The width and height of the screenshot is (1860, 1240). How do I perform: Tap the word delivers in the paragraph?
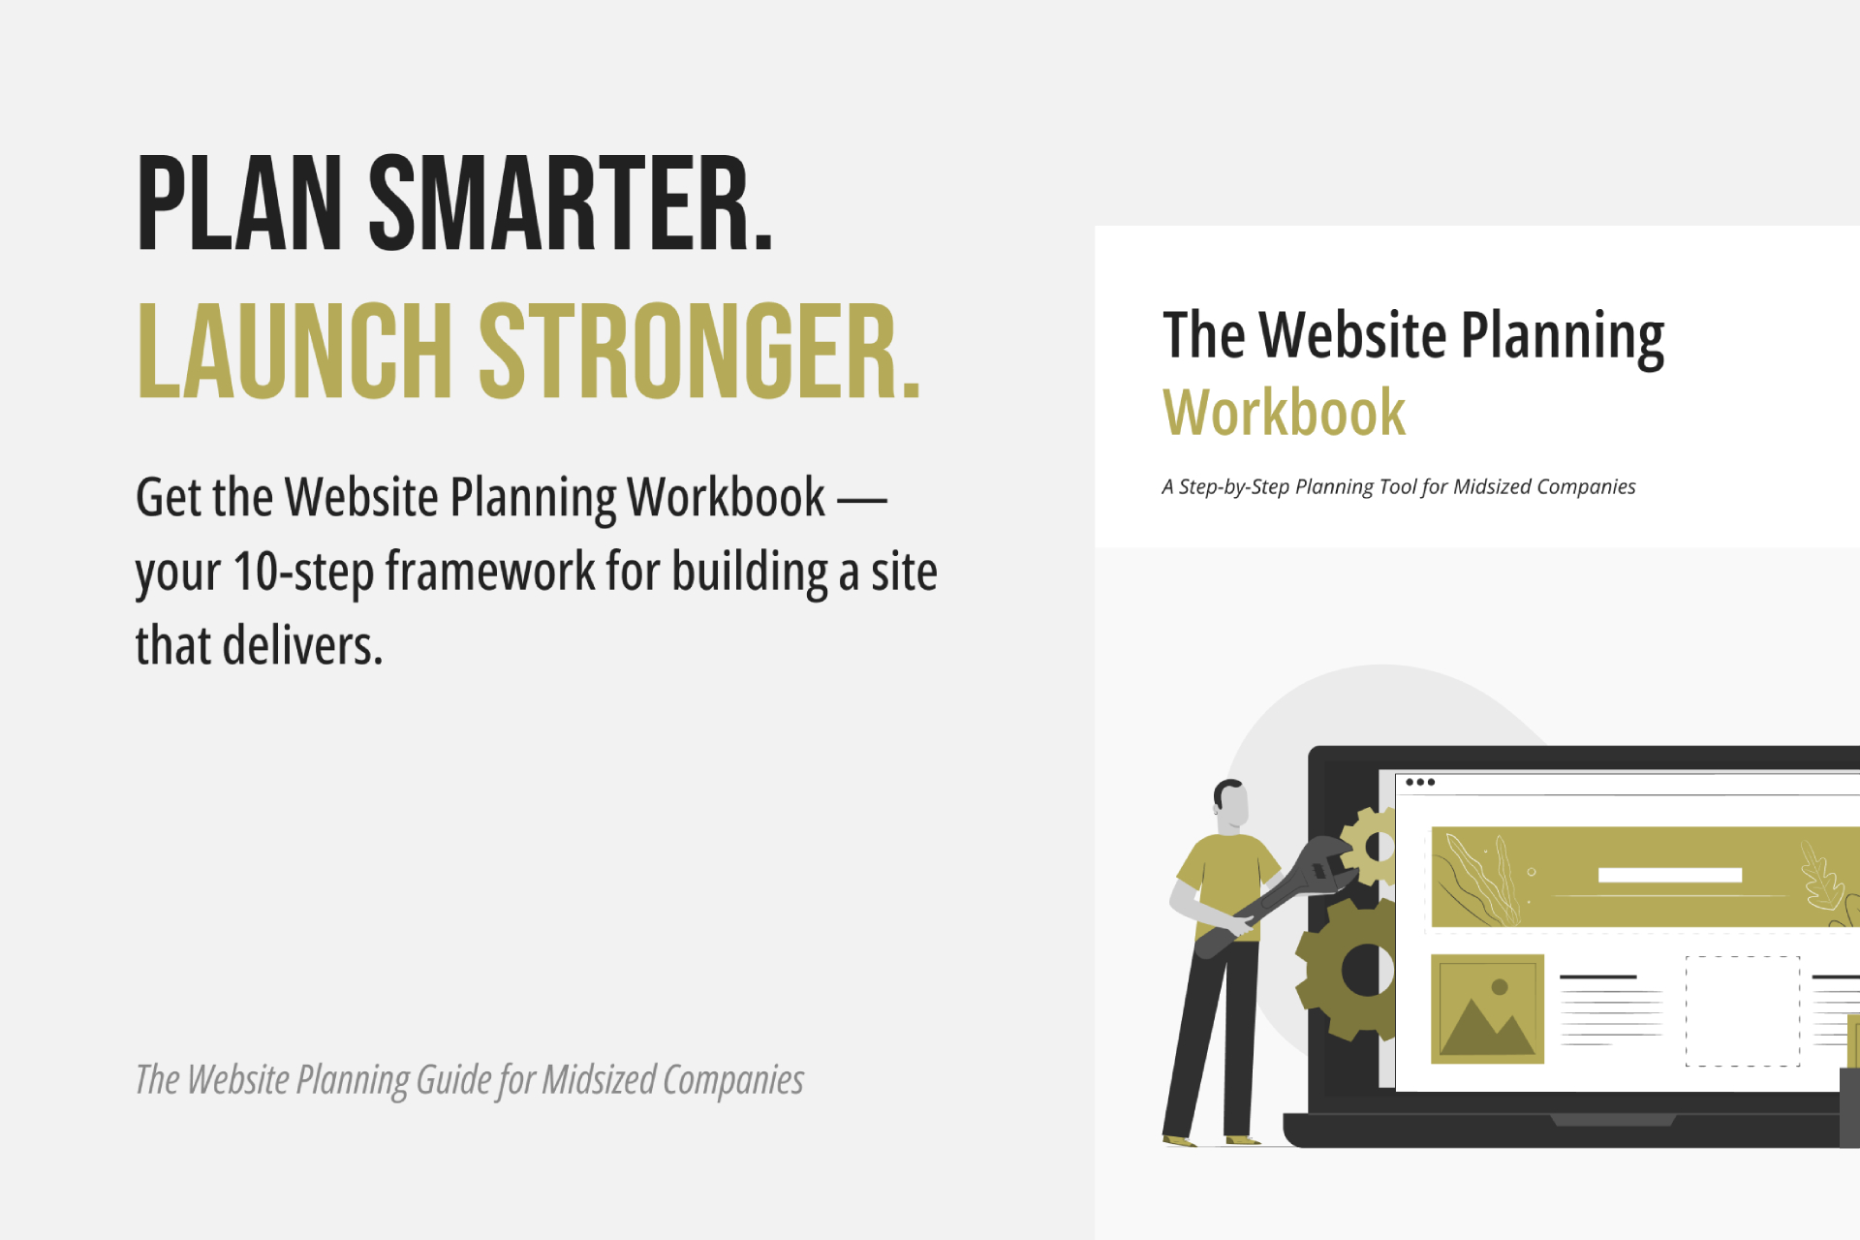click(302, 646)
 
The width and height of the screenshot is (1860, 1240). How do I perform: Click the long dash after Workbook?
click(862, 500)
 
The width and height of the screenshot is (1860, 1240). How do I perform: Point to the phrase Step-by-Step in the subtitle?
click(1233, 486)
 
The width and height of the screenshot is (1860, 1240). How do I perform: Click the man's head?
click(1231, 803)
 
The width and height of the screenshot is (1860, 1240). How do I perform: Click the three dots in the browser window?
click(1420, 782)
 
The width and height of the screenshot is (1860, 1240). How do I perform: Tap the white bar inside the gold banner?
click(1669, 875)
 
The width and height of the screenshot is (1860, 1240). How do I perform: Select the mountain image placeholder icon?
click(1487, 1009)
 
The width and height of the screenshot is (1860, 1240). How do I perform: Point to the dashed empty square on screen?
click(1743, 1010)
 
